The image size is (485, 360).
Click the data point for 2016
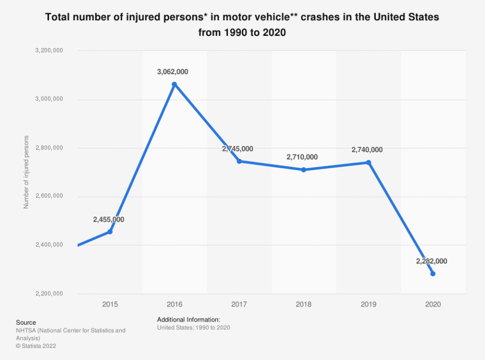coord(174,84)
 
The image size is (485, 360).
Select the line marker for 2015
coord(110,232)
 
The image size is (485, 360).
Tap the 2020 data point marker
coord(433,274)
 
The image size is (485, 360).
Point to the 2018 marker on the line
coord(304,170)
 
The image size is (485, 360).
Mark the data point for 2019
coord(368,163)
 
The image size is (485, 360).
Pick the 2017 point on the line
coord(239,161)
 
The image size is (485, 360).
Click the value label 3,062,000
coord(173,72)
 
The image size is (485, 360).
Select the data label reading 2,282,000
coord(431,261)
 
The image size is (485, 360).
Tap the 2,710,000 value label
coord(302,157)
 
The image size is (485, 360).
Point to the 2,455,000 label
coord(109,220)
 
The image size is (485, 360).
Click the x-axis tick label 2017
coord(239,304)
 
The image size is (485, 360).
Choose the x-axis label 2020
coord(433,304)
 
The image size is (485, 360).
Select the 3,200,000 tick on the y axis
coord(48,50)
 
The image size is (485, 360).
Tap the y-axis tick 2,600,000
coord(48,196)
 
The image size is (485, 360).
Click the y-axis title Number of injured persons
coord(26,172)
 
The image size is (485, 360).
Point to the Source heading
coord(25,322)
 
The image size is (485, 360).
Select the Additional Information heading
coord(188,320)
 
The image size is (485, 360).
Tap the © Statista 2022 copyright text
coord(35,346)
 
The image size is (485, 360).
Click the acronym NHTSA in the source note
coord(26,330)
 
